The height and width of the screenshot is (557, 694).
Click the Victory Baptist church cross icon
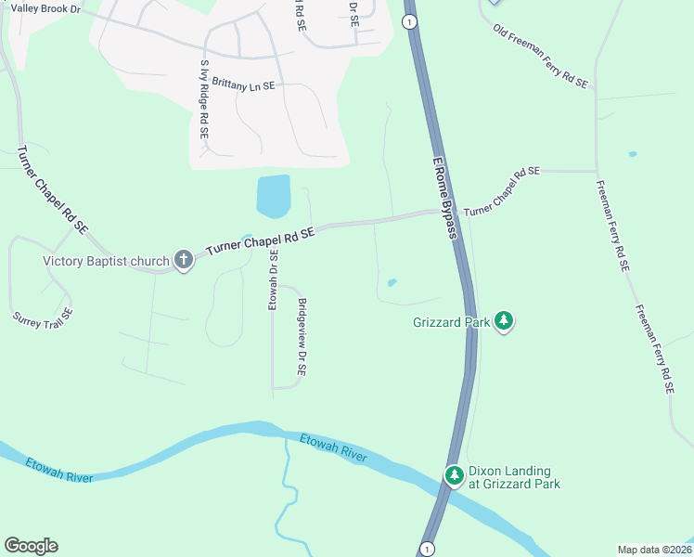(x=184, y=260)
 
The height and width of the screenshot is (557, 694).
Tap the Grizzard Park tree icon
(x=504, y=321)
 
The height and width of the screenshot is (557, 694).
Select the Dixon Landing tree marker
(x=455, y=476)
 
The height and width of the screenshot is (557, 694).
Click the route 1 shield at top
(x=409, y=22)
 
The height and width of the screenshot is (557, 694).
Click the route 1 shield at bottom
(x=426, y=549)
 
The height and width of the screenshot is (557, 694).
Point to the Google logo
(x=31, y=546)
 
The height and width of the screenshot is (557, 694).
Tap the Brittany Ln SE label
(x=243, y=84)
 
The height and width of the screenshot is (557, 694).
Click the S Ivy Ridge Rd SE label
(x=204, y=100)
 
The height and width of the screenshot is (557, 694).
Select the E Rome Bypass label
(x=446, y=198)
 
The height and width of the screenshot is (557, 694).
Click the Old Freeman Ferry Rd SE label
(x=541, y=57)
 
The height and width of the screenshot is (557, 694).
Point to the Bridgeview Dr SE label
(x=302, y=337)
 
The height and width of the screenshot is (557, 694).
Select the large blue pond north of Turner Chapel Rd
(x=273, y=196)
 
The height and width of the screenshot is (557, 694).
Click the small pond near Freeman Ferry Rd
(x=633, y=154)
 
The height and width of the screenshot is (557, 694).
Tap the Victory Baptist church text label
(x=106, y=260)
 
